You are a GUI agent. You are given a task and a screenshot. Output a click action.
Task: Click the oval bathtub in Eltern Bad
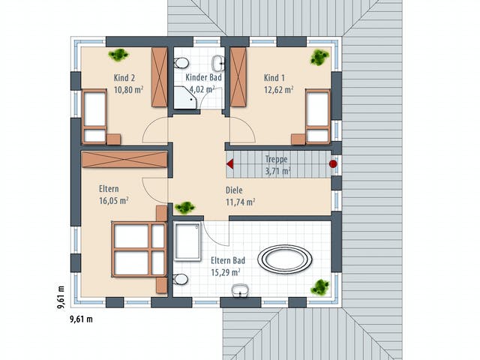(285, 259)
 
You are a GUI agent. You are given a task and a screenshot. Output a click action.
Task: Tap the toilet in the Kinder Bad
(181, 63)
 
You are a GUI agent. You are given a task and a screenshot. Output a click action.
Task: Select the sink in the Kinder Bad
(218, 63)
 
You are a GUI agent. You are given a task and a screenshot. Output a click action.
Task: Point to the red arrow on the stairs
(230, 164)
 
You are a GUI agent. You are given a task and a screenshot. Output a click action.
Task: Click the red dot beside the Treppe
(333, 164)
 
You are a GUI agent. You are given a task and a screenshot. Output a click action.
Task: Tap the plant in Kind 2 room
(118, 55)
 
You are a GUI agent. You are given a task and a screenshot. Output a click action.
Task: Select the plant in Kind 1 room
(320, 57)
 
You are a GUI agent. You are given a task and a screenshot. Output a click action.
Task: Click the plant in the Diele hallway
(185, 208)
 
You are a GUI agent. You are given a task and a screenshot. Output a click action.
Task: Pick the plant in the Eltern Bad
(320, 286)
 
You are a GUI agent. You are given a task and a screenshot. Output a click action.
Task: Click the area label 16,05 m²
(113, 201)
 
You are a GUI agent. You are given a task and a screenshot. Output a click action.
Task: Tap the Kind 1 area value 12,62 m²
(278, 90)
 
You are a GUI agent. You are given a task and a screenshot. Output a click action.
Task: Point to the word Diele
(234, 190)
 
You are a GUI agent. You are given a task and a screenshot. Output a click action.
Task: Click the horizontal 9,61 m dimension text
(82, 319)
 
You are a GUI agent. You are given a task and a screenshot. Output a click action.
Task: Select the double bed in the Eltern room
(139, 250)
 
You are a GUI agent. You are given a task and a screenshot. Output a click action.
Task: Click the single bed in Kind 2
(94, 117)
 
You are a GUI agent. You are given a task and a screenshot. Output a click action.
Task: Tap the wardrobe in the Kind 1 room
(238, 76)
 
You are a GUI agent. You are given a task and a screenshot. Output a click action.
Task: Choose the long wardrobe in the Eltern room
(124, 160)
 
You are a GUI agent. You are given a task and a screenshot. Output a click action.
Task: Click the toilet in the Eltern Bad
(181, 279)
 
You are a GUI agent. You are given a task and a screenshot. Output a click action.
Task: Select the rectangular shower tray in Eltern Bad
(187, 241)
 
